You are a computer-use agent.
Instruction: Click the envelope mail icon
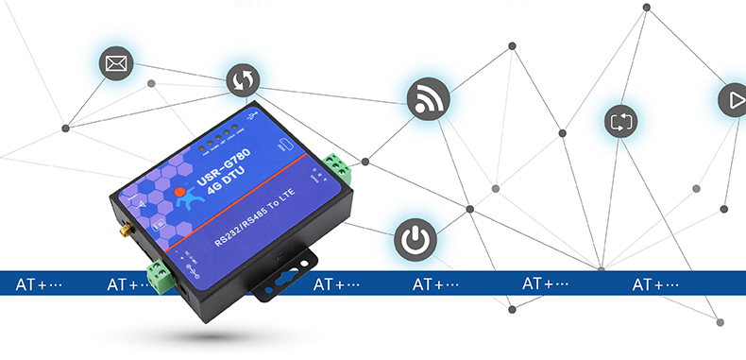click(116, 64)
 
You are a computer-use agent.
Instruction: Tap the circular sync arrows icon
click(242, 81)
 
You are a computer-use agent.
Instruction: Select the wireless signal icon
click(428, 98)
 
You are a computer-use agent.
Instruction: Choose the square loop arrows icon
click(621, 122)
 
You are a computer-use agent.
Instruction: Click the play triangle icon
click(732, 99)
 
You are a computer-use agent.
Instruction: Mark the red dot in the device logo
click(179, 193)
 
